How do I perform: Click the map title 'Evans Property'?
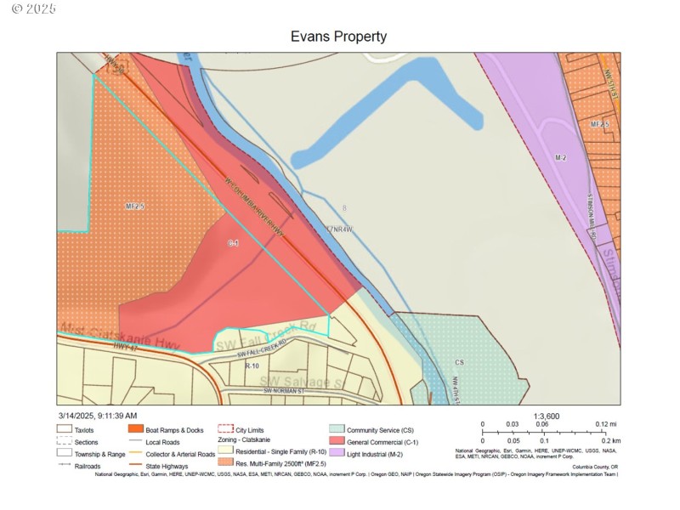pyautogui.click(x=338, y=37)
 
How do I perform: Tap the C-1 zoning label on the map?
pyautogui.click(x=233, y=243)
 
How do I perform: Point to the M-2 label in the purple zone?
pyautogui.click(x=560, y=158)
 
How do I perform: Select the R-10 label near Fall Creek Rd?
pyautogui.click(x=252, y=365)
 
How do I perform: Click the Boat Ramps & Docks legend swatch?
pyautogui.click(x=135, y=430)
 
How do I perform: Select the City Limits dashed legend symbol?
pyautogui.click(x=225, y=430)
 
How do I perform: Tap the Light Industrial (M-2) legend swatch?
pyautogui.click(x=336, y=453)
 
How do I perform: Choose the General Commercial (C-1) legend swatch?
pyautogui.click(x=336, y=441)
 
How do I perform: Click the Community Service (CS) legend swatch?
pyautogui.click(x=336, y=430)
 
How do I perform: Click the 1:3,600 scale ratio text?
pyautogui.click(x=546, y=416)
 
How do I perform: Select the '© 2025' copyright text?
pyautogui.click(x=35, y=8)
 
